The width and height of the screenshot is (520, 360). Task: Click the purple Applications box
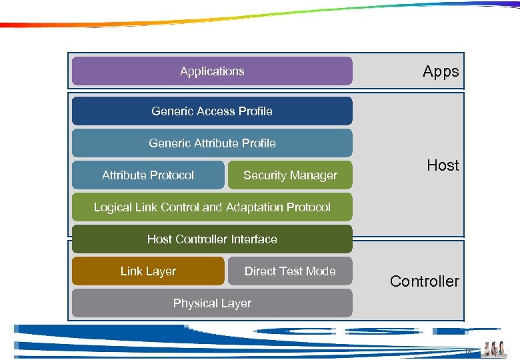212,71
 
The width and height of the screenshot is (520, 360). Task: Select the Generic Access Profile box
212,111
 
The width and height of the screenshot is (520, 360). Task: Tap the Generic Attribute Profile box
212,143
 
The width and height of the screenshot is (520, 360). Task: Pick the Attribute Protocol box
148,175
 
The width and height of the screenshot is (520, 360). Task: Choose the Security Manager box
290,175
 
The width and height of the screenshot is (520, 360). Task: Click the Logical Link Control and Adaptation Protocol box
212,207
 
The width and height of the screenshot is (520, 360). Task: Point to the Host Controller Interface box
212,239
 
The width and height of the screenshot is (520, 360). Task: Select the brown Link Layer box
148,271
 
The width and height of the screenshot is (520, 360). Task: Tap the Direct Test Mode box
290,271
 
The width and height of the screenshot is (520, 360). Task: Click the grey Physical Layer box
212,303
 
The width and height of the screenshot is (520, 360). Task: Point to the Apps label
441,72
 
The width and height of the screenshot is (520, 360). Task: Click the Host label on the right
443,165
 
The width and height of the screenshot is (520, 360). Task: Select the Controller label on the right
425,281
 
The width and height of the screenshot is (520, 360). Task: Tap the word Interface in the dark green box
254,239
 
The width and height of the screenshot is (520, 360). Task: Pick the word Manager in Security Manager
314,175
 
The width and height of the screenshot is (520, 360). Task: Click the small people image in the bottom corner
495,348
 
